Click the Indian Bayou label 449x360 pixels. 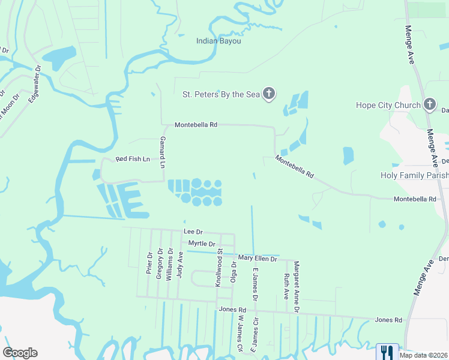pos(218,41)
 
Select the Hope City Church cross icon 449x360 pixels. pos(429,105)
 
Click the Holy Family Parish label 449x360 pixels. pos(414,175)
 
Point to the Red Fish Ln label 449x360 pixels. pos(132,159)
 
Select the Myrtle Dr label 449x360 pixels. pos(202,244)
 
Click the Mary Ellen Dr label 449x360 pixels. pos(258,258)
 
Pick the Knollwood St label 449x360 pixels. pos(220,267)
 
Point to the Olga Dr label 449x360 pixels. pos(234,271)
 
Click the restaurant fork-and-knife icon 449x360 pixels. pos(387,352)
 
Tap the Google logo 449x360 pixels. pos(20,353)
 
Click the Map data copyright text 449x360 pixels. pos(423,355)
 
